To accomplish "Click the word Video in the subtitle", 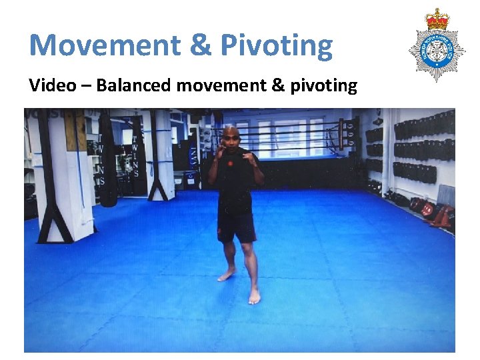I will click(x=50, y=85).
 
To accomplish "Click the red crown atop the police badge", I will click(x=437, y=20).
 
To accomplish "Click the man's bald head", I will click(x=231, y=133).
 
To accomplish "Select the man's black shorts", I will click(x=237, y=227).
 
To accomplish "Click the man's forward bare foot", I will click(x=254, y=295).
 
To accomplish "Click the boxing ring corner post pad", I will click(x=348, y=136).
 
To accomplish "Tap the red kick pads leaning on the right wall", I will click(x=440, y=215).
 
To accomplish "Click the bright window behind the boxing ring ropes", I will click(x=293, y=137).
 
